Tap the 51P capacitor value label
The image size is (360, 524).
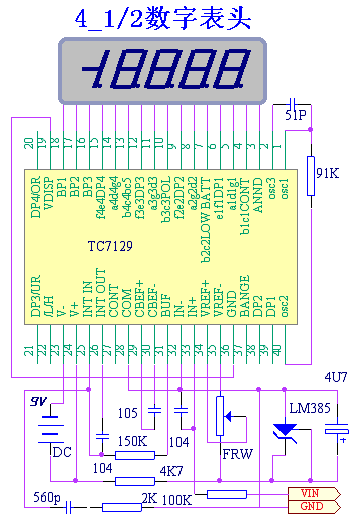tap(296, 117)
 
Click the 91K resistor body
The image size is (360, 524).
tap(310, 169)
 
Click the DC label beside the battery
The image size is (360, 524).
tap(61, 451)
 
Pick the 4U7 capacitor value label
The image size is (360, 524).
tap(335, 376)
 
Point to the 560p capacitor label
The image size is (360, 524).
tap(47, 496)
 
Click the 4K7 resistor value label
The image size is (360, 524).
tap(171, 469)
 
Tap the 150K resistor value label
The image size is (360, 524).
tap(132, 441)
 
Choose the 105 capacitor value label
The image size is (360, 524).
tap(128, 411)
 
